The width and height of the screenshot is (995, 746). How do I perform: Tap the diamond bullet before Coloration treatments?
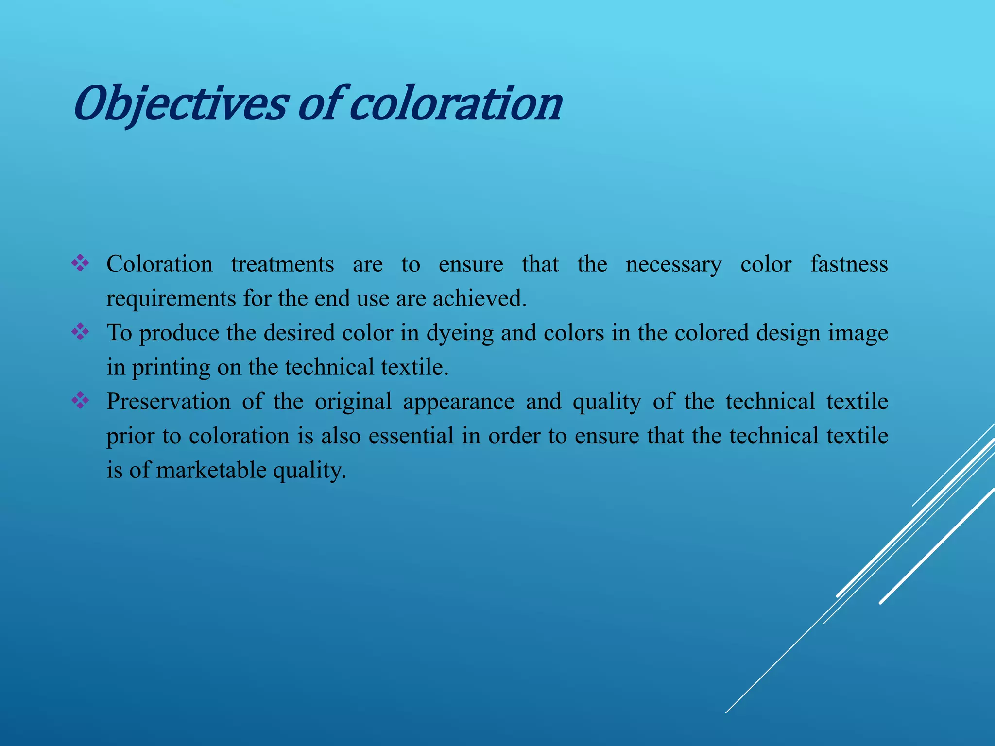(80, 264)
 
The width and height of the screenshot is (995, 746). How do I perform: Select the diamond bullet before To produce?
(80, 333)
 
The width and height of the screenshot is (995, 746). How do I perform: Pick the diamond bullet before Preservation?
(80, 401)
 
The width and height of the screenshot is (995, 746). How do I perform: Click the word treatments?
(282, 265)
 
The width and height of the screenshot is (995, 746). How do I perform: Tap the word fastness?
(849, 265)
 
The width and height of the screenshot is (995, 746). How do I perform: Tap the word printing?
(171, 368)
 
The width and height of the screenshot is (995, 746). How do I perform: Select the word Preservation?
(168, 402)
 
